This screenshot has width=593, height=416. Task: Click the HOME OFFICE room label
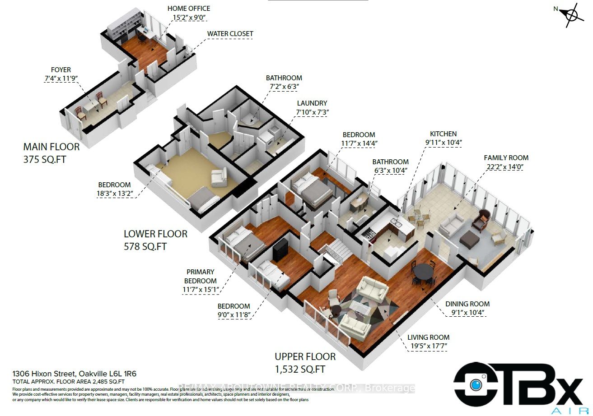tap(188, 8)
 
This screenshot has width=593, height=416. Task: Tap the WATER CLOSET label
tap(230, 34)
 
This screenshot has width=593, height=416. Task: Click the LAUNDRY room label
tap(312, 103)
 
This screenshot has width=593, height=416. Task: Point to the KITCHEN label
tap(443, 134)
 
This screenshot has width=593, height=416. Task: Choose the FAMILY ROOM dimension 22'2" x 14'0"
tap(506, 166)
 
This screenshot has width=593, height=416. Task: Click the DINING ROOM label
tap(467, 304)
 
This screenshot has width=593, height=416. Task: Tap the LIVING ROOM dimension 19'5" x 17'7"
tap(428, 346)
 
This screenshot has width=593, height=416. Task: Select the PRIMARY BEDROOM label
tap(201, 276)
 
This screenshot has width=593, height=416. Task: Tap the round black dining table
tap(423, 272)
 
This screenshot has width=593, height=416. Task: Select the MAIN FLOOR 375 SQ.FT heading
tap(51, 153)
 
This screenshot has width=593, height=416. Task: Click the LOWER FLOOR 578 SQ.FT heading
tap(155, 240)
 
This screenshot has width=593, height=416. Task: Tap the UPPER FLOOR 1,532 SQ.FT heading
tap(305, 362)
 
